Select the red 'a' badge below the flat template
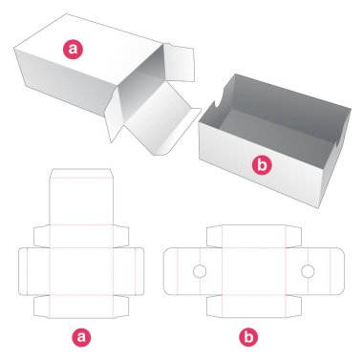tap(81, 335)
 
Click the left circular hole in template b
tap(200, 273)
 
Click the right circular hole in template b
tap(309, 273)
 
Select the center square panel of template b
tap(254, 273)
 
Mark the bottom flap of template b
tap(254, 308)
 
